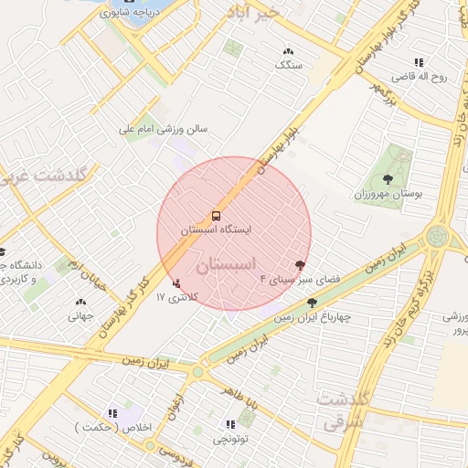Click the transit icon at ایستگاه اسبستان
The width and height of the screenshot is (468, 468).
(x=217, y=217)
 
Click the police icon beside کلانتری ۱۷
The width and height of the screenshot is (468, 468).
(x=176, y=284)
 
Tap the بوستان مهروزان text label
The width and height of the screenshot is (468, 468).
(x=387, y=196)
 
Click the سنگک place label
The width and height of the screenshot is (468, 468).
(x=289, y=66)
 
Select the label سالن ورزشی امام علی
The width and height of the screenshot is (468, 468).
(x=165, y=129)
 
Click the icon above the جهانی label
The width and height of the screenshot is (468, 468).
(x=80, y=302)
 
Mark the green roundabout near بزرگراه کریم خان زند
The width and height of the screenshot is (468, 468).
(x=436, y=238)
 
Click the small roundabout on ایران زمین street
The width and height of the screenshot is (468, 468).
(x=197, y=371)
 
